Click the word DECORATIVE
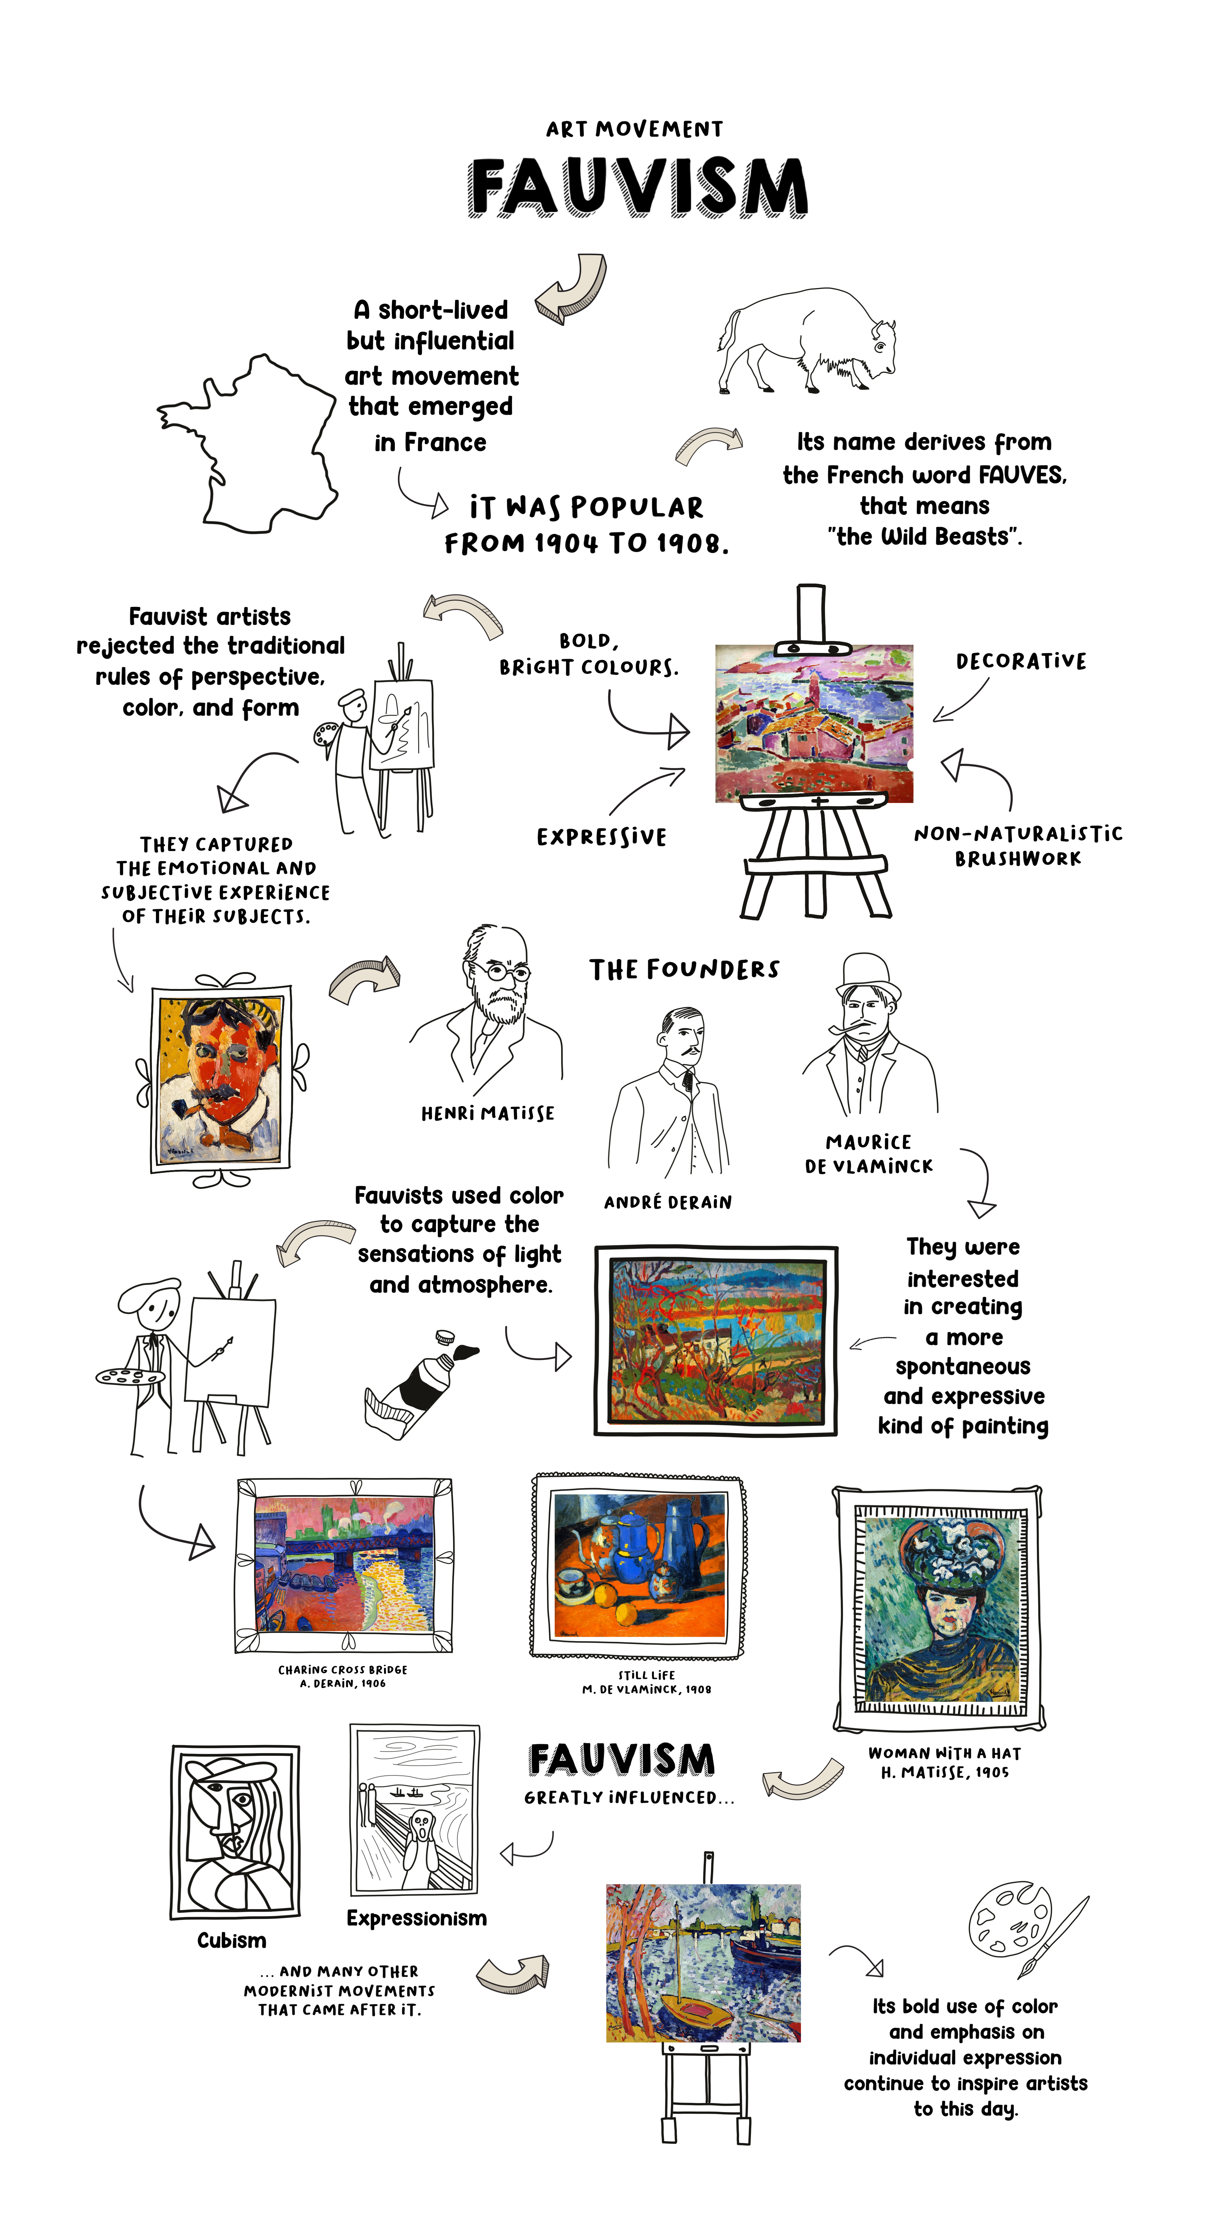[1021, 661]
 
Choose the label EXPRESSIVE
[601, 837]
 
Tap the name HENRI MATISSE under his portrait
[488, 1113]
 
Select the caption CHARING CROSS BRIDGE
[343, 1669]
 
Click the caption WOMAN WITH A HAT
[945, 1753]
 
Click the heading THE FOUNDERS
[684, 970]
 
